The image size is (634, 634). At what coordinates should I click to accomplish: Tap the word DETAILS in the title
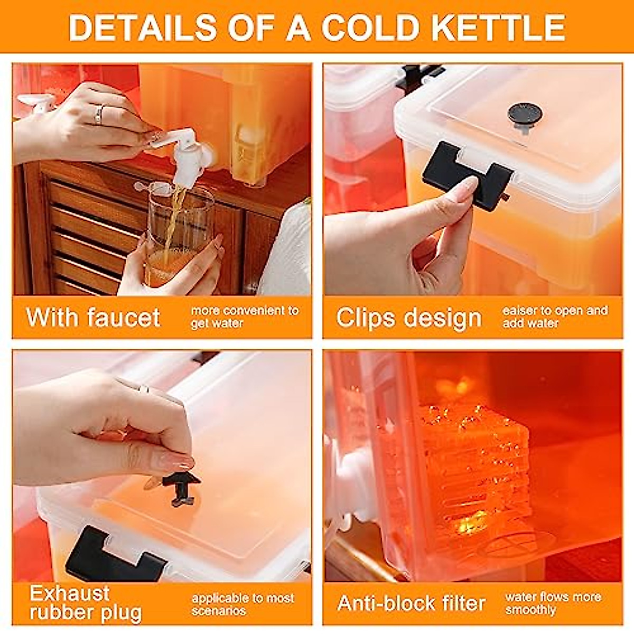(142, 27)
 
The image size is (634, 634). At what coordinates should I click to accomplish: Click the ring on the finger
(98, 115)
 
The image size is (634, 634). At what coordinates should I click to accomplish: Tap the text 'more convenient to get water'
(244, 316)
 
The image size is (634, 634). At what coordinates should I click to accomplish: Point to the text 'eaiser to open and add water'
(555, 316)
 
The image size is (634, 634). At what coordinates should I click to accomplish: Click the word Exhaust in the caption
(69, 593)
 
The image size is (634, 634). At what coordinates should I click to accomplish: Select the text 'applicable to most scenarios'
(243, 604)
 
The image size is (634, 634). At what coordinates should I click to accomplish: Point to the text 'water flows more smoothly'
(553, 603)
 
